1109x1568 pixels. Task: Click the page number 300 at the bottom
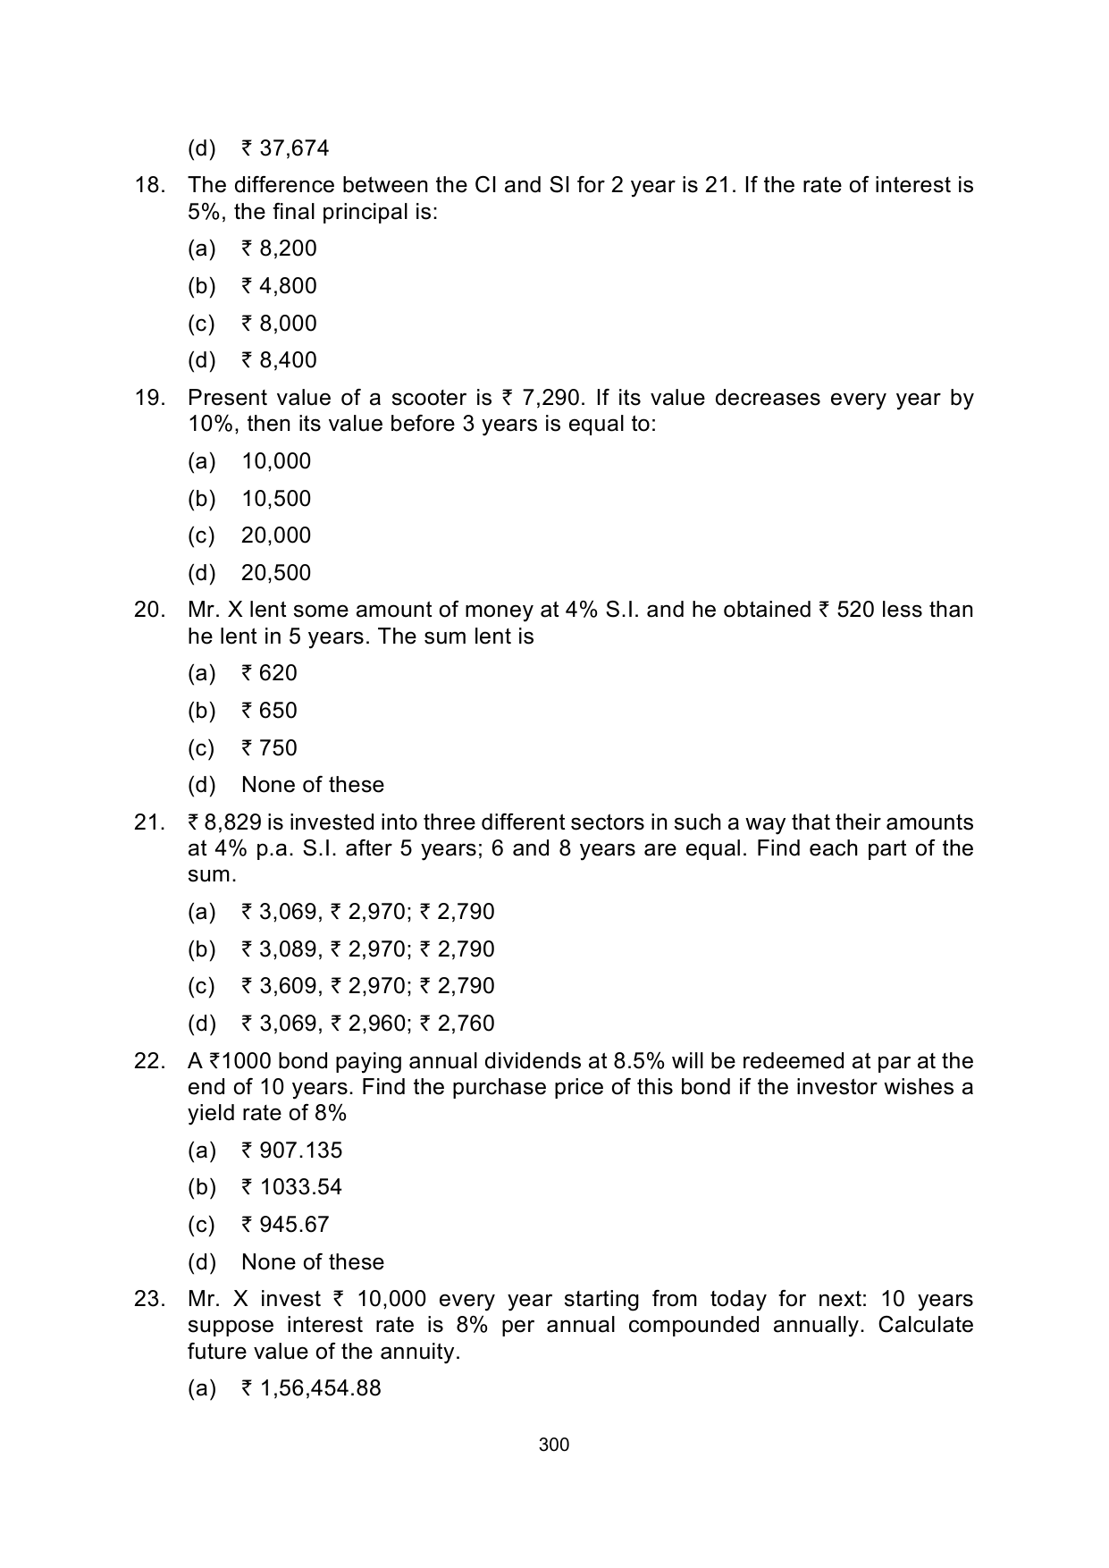(554, 1445)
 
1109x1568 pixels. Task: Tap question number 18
(149, 186)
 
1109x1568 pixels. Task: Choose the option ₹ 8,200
(279, 249)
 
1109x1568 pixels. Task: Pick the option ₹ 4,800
(279, 286)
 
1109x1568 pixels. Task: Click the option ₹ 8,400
(279, 360)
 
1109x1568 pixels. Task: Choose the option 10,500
(276, 499)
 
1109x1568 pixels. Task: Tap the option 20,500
(276, 573)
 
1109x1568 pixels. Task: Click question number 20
(149, 610)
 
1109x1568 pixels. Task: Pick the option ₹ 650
(269, 711)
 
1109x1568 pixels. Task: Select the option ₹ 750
(269, 748)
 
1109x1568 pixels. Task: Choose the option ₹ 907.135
(291, 1151)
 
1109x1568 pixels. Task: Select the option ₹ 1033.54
(291, 1187)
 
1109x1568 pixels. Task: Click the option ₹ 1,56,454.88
(311, 1388)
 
